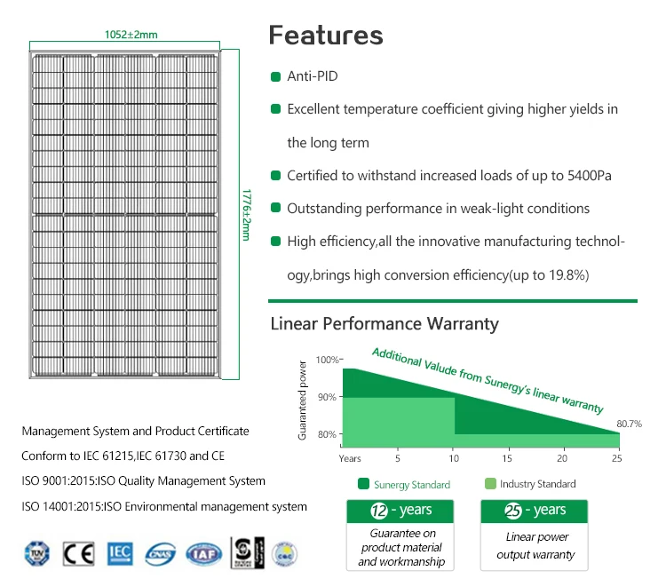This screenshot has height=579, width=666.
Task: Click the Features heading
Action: coord(326,36)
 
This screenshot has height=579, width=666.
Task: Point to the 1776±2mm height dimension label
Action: coord(247,213)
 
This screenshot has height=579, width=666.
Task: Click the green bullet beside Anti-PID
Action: coord(276,76)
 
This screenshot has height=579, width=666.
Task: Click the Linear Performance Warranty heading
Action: coord(385,323)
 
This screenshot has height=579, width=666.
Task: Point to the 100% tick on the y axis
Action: coord(328,360)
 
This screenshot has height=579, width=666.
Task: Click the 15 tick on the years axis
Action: coord(507,458)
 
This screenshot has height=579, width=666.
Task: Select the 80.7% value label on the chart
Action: coord(628,424)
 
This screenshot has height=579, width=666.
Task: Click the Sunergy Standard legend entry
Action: coord(403,485)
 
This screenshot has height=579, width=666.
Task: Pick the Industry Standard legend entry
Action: coord(530,484)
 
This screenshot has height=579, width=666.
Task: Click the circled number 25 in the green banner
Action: coord(512,511)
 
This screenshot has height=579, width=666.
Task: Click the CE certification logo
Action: coord(78,553)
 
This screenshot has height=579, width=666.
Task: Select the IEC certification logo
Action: coord(120,553)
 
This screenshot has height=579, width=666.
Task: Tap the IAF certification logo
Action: coord(202,553)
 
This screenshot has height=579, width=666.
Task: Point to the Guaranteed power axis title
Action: coord(303,400)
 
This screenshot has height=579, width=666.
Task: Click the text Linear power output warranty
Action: coord(535,546)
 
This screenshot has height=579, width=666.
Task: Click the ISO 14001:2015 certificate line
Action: coord(164,507)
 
